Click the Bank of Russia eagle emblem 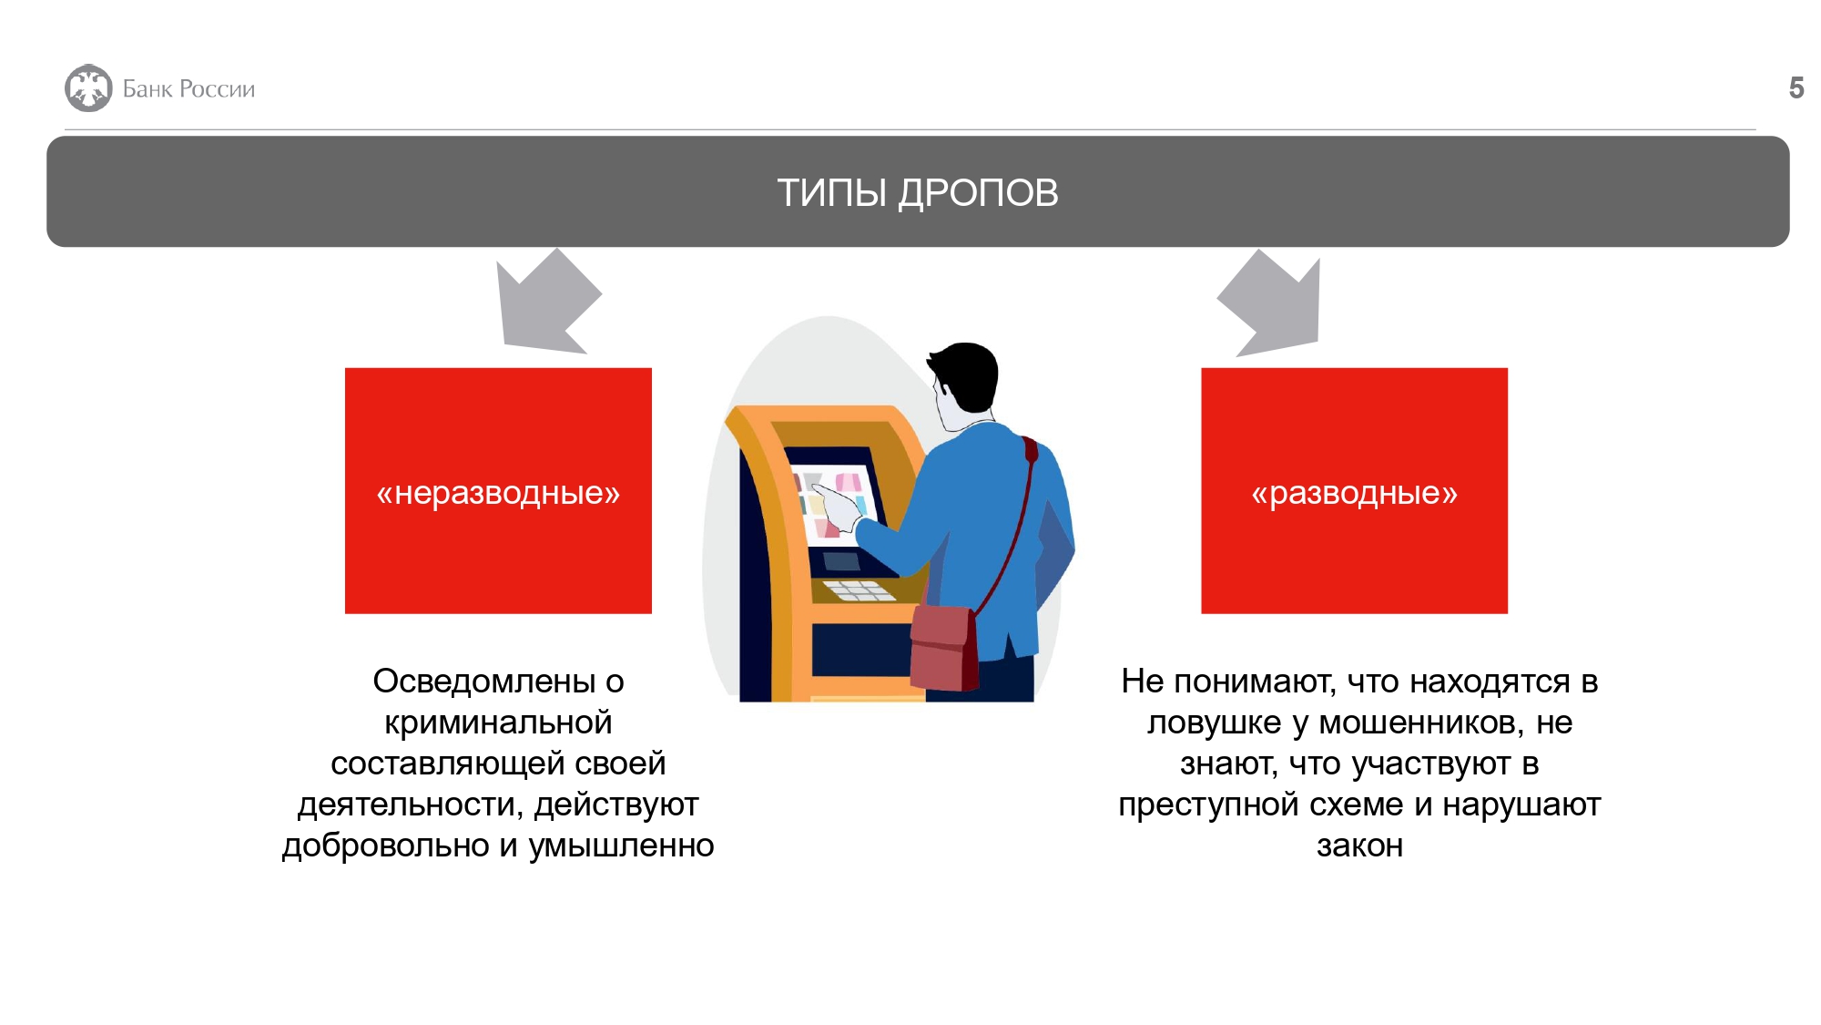tap(88, 88)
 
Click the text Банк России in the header tap(188, 89)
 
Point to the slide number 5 tap(1796, 88)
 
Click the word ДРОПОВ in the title tap(979, 193)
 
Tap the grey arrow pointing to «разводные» tap(1269, 302)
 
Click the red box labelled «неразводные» tap(498, 491)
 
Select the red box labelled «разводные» tap(1354, 491)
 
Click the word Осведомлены tap(484, 682)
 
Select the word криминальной tap(498, 723)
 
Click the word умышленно tap(621, 846)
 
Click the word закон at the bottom tap(1359, 846)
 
